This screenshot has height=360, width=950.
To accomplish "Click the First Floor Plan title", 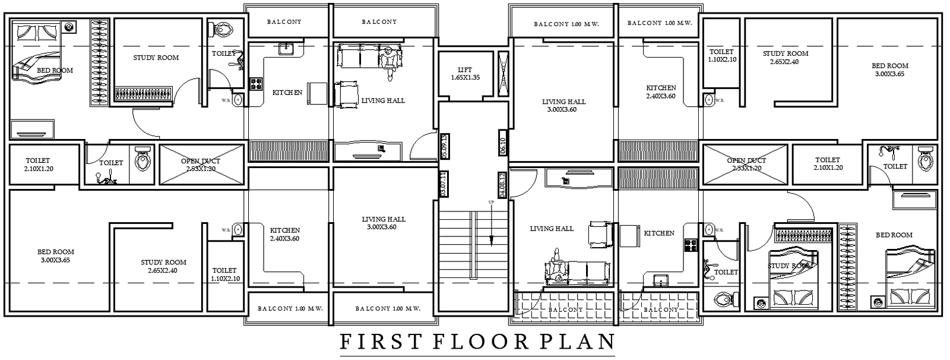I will pos(477,342).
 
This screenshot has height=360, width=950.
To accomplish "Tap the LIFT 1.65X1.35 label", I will pos(465,74).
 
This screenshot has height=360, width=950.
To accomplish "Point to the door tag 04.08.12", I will pos(502,185).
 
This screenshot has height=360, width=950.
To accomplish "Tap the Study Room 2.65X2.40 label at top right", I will pos(786,58).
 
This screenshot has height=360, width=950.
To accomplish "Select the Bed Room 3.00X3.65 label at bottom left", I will pos(56,255).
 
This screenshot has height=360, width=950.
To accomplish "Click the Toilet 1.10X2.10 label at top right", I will pos(721,56).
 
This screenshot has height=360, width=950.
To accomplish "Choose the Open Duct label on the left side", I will pos(201,165).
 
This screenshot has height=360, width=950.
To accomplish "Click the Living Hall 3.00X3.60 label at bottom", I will pos(384,223).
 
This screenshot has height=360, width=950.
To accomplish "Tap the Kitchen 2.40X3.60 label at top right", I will pos(661,91).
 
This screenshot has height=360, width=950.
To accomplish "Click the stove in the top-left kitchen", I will pos(256,84).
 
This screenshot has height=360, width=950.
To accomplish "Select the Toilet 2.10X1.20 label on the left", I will pos(38,165).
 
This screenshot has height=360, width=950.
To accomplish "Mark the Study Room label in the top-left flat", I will pos(156,58).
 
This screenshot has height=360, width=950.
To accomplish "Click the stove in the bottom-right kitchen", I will pos(690,245).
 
